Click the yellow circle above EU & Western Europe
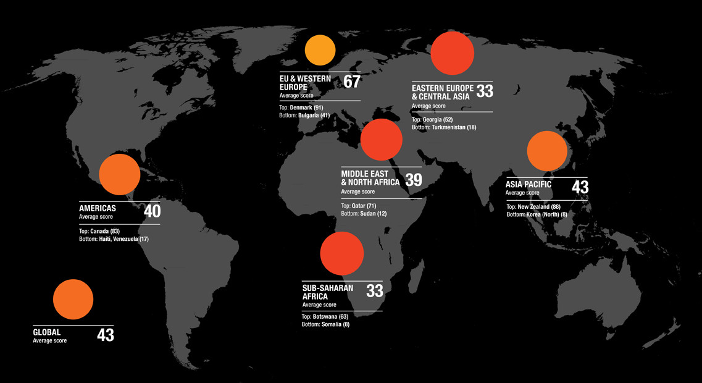tap(320, 51)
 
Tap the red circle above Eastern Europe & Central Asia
tap(453, 54)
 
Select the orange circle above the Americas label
tap(119, 175)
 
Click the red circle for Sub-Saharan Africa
tap(342, 253)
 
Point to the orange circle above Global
tap(73, 300)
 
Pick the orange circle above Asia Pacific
tap(547, 151)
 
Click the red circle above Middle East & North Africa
tap(382, 140)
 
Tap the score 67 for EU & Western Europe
tap(352, 82)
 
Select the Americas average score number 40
tap(152, 211)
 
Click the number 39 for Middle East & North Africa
tap(414, 180)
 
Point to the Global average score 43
tap(106, 335)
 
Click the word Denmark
tap(301, 107)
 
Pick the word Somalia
tap(332, 324)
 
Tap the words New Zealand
tap(533, 206)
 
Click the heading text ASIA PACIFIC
tap(529, 185)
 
